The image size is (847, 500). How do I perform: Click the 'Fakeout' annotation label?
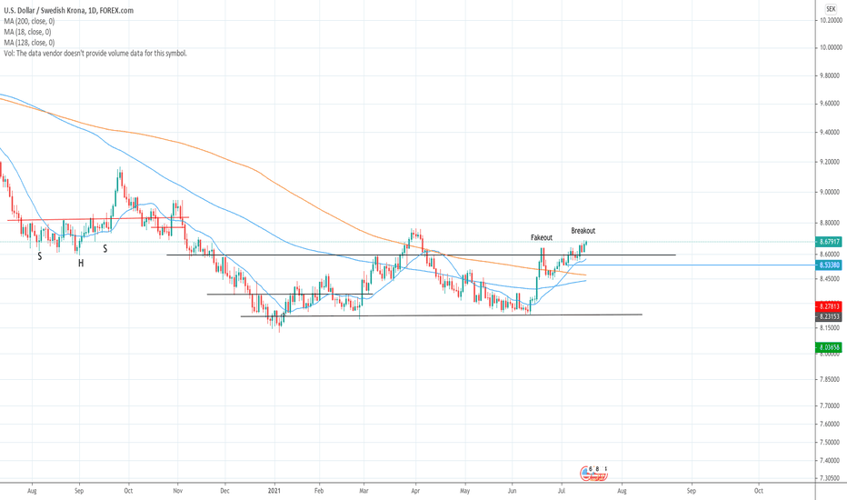point(542,237)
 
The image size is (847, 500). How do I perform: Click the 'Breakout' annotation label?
point(583,231)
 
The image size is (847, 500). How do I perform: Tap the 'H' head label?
point(81,263)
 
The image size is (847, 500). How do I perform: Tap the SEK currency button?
point(830,6)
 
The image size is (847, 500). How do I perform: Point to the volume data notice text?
point(95,54)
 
